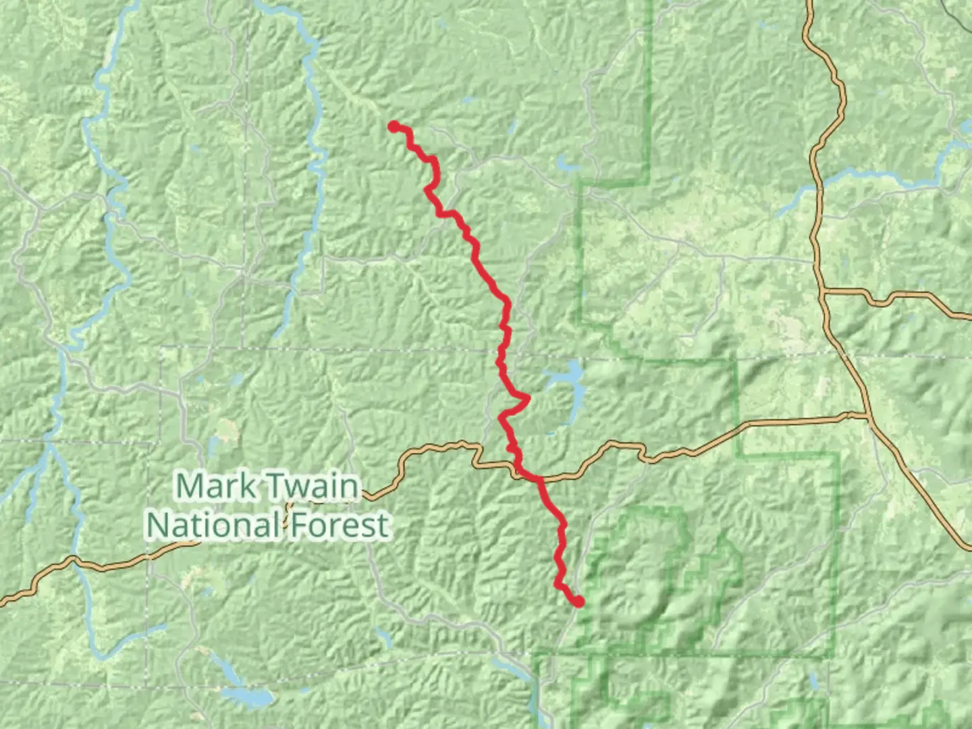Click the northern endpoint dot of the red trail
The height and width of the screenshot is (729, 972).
pyautogui.click(x=394, y=126)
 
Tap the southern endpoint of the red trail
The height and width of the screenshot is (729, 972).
pyautogui.click(x=578, y=601)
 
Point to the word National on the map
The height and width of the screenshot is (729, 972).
pyautogui.click(x=213, y=525)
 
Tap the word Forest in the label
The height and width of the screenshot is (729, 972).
pyautogui.click(x=340, y=525)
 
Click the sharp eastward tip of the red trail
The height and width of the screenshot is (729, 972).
pyautogui.click(x=528, y=399)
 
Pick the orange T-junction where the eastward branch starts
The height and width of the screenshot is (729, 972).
pyautogui.click(x=823, y=292)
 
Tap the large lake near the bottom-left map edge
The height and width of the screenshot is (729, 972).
pyautogui.click(x=247, y=696)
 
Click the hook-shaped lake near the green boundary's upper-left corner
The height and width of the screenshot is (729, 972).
pyautogui.click(x=566, y=164)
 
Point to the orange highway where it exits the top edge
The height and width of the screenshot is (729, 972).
pyautogui.click(x=808, y=3)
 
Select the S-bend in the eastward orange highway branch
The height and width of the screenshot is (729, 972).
pyautogui.click(x=878, y=298)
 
